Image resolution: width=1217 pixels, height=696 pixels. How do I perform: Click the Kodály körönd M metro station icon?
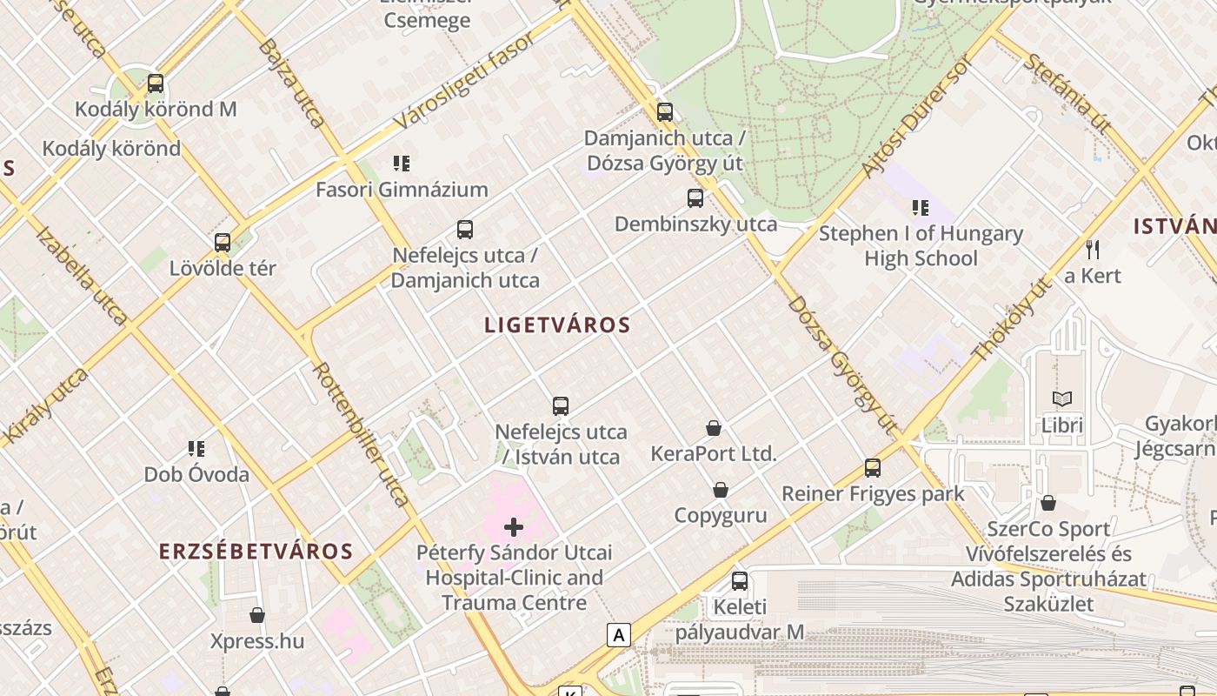click(156, 84)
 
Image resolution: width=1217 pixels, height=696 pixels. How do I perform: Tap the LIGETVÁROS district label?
click(557, 325)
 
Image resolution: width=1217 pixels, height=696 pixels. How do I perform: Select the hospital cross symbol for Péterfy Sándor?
click(514, 526)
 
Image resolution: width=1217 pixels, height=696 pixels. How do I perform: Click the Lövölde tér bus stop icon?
click(223, 243)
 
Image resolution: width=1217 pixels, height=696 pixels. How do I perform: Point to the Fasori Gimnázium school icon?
click(402, 163)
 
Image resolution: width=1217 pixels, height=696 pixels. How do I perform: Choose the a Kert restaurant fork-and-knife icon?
click(1093, 250)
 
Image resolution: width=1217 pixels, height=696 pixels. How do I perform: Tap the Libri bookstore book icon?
click(1062, 398)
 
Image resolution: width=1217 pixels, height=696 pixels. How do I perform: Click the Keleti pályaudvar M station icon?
click(740, 580)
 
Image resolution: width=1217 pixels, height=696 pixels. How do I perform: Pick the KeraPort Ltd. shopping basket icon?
click(714, 427)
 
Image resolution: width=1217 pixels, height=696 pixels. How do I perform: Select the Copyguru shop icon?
click(721, 490)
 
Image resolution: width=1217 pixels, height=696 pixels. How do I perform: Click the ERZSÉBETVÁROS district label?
click(256, 552)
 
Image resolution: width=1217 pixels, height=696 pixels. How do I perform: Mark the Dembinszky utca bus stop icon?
click(695, 197)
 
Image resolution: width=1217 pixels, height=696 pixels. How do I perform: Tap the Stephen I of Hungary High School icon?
click(921, 207)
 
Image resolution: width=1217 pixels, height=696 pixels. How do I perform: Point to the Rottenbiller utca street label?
click(361, 434)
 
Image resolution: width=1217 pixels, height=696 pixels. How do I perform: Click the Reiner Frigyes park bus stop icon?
click(873, 467)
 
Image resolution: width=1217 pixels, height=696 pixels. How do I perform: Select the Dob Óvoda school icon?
click(196, 448)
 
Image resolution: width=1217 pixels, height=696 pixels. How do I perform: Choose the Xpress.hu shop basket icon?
click(257, 615)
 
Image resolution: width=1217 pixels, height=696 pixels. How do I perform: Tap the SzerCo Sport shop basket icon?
click(1048, 503)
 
